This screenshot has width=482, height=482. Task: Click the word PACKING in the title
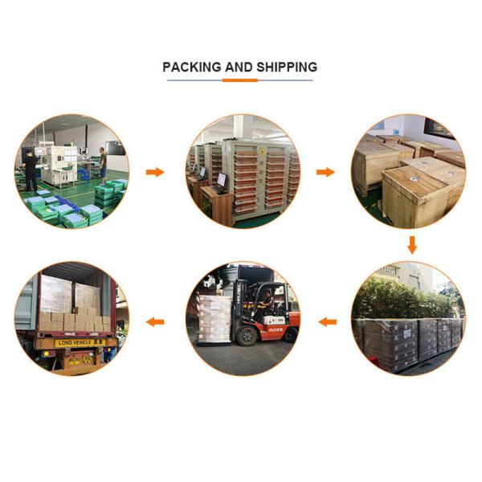click(x=191, y=67)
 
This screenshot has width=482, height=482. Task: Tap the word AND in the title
click(x=239, y=67)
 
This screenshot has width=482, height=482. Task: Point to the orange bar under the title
click(x=239, y=80)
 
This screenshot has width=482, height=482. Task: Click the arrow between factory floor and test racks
click(x=154, y=172)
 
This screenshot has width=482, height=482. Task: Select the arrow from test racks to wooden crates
click(x=325, y=172)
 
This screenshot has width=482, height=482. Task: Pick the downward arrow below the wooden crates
click(x=411, y=243)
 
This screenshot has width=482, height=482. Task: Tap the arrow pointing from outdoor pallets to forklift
click(x=326, y=321)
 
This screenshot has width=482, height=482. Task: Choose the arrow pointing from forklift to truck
click(x=154, y=321)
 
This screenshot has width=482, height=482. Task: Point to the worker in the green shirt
click(x=103, y=163)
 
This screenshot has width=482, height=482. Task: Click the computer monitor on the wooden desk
click(x=221, y=179)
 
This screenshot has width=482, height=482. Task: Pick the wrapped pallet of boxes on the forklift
click(x=213, y=317)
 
